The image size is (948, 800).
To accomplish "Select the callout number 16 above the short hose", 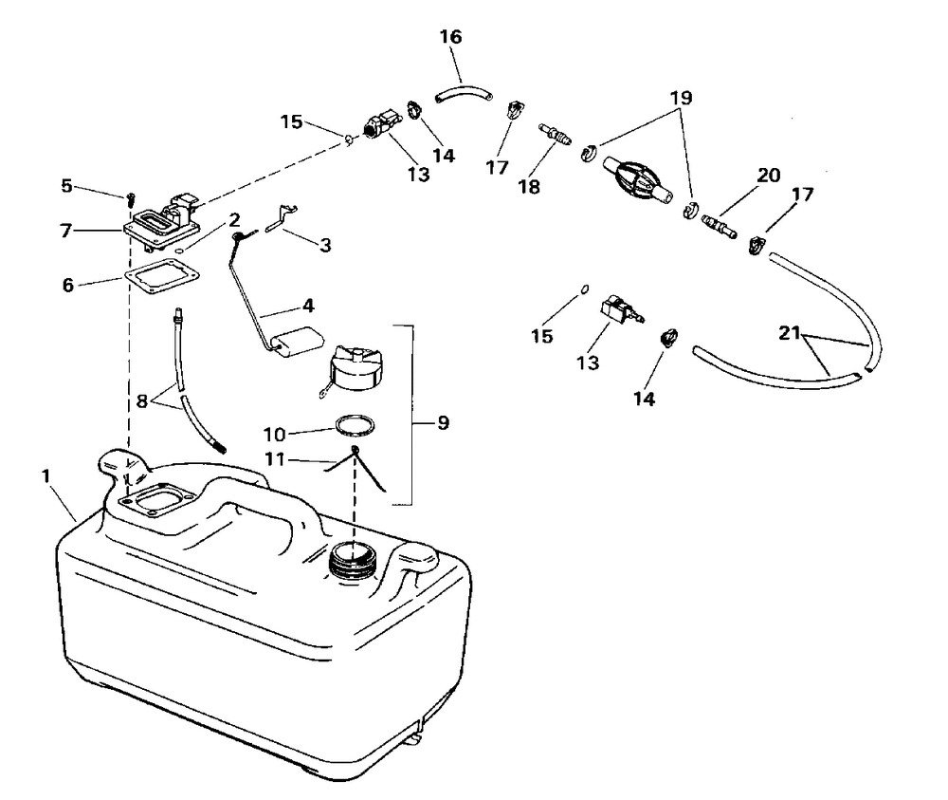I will [x=451, y=37].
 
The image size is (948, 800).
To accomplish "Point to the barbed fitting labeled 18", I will [x=555, y=133].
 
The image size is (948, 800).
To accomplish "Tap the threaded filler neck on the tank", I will [x=353, y=562].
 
